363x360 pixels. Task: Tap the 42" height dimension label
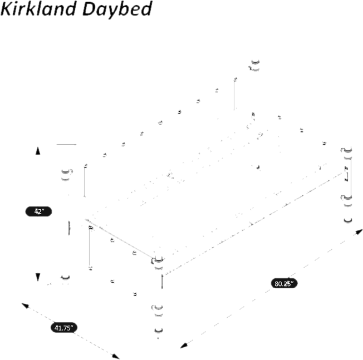coord(38,211)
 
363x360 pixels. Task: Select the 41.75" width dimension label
coord(65,328)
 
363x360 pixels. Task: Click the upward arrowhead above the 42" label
coord(38,150)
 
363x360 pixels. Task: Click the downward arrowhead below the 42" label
coord(38,277)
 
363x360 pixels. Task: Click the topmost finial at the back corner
coord(255,65)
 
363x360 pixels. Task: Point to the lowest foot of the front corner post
coord(160,332)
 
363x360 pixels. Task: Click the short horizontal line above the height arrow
coord(66,145)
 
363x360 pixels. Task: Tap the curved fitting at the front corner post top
coord(158,259)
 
